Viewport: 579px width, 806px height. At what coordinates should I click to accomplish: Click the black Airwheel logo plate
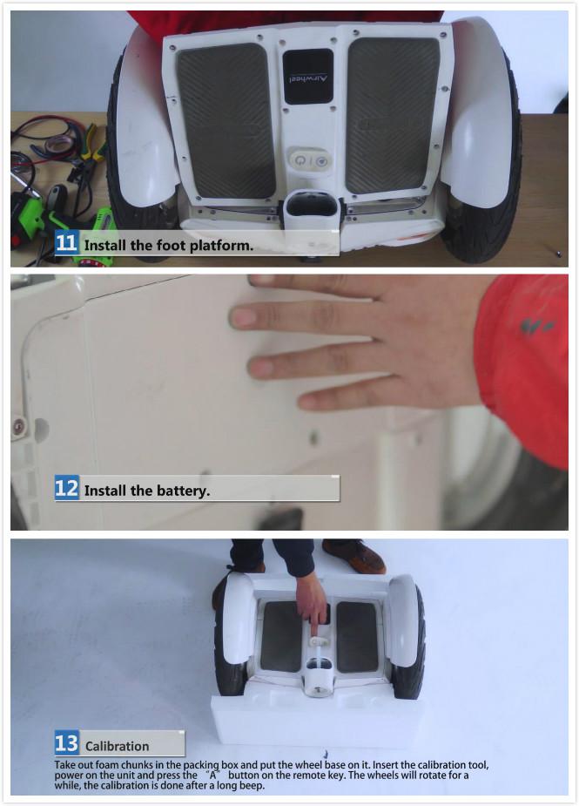point(307,76)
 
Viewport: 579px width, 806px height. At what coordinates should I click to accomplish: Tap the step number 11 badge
point(67,243)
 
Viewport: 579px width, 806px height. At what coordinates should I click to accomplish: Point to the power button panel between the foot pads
point(309,161)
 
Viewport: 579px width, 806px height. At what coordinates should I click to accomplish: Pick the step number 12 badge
point(67,489)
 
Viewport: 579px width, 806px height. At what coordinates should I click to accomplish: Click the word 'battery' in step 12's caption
point(181,491)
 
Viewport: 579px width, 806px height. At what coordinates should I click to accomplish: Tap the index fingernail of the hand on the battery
point(244,318)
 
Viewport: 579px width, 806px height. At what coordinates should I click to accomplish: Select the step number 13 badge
point(67,743)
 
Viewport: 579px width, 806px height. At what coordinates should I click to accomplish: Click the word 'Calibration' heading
point(117,746)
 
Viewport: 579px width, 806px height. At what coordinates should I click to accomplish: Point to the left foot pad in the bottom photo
point(281,636)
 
